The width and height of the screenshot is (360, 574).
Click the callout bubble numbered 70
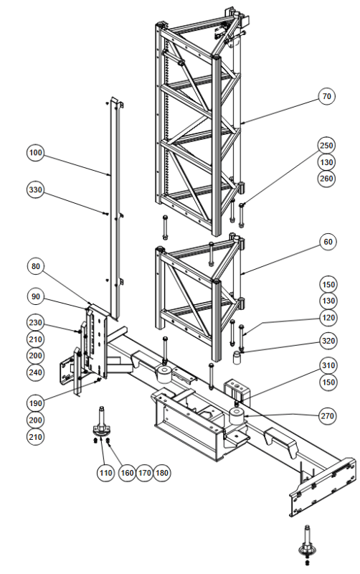[x=326, y=97]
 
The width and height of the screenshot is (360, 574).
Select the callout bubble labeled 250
[x=326, y=146]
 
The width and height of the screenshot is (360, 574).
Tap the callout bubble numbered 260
[x=326, y=179]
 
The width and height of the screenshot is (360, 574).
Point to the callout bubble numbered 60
[x=328, y=242]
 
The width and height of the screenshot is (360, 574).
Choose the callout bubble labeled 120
[x=328, y=318]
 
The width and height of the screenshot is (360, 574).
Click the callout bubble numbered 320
[x=328, y=342]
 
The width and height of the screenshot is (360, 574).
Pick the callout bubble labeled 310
[x=328, y=365]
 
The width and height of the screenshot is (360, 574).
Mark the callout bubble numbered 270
[x=328, y=416]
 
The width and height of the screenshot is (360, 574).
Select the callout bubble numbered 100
[x=35, y=153]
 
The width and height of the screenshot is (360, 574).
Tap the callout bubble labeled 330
[x=35, y=190]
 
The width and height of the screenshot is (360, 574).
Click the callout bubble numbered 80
[x=35, y=266]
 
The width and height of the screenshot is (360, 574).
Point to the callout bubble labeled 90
[x=35, y=296]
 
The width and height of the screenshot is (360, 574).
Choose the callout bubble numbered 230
[x=35, y=323]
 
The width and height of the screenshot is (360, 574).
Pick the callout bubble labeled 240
[x=35, y=372]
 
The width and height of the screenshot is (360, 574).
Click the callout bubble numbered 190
[x=35, y=403]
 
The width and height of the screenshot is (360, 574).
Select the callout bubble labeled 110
[x=105, y=473]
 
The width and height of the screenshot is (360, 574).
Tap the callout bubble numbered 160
[x=127, y=473]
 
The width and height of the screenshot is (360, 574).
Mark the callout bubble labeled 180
[x=162, y=473]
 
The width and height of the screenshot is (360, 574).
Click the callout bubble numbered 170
[x=145, y=473]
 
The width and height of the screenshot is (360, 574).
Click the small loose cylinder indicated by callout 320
[x=238, y=357]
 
